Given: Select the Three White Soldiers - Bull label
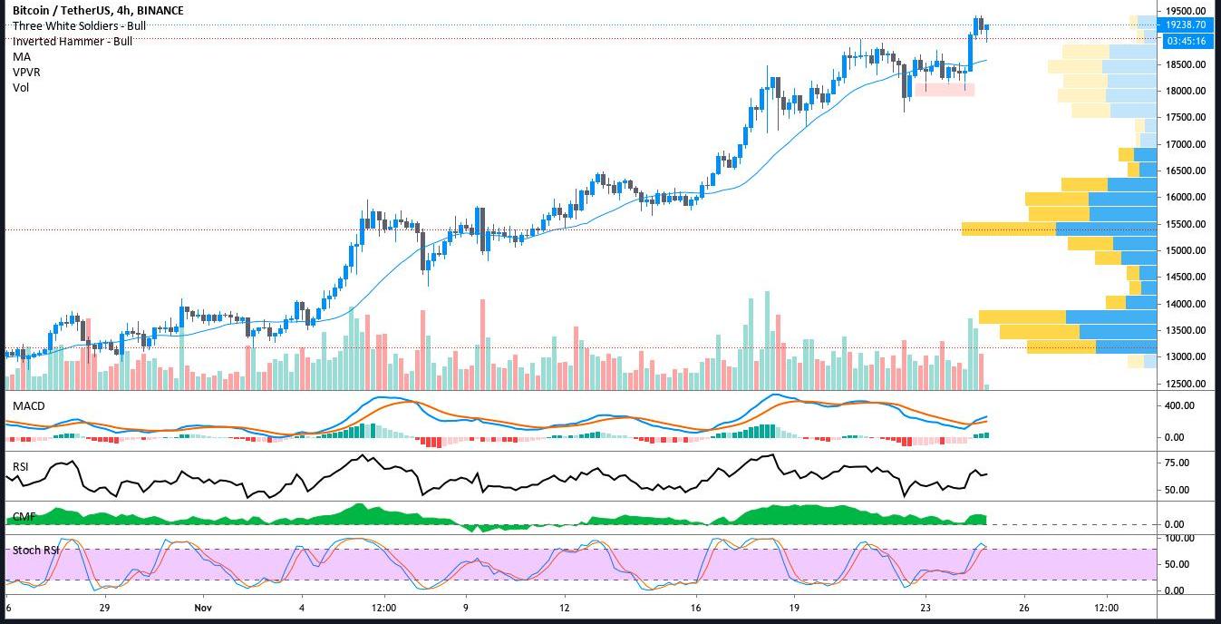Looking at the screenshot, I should click(x=79, y=26).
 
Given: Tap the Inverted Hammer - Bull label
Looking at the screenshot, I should click(x=73, y=41).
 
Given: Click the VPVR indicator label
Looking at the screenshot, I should click(x=26, y=72).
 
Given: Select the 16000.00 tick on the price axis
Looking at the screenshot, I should click(x=1185, y=197).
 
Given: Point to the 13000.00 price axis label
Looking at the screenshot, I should click(x=1185, y=356).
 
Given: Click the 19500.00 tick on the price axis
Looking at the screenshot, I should click(x=1185, y=11).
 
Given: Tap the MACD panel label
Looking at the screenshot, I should click(x=28, y=405).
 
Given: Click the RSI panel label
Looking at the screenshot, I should click(x=21, y=466).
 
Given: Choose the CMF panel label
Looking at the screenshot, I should click(x=24, y=516).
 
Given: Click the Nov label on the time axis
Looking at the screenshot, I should click(x=202, y=608).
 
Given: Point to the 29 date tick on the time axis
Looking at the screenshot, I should click(x=104, y=608).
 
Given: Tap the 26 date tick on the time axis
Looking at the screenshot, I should click(x=1023, y=608).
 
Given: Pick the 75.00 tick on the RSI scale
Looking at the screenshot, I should click(x=1177, y=463).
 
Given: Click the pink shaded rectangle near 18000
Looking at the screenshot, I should click(x=945, y=89).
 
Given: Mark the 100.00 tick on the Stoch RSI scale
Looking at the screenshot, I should click(x=1179, y=538).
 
